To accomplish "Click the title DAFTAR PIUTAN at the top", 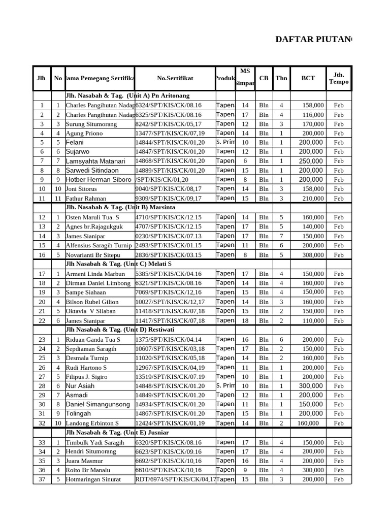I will click(x=313, y=40).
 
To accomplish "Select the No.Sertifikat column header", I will click(x=175, y=78).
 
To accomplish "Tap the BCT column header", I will click(x=308, y=78).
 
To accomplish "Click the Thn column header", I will click(x=281, y=78).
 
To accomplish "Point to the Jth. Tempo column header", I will click(x=339, y=78).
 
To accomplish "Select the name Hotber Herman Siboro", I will click(x=99, y=180).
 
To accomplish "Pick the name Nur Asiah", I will click(x=80, y=386).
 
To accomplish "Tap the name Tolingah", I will click(x=79, y=414).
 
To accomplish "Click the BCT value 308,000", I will click(x=313, y=255).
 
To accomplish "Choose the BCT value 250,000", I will click(x=311, y=161).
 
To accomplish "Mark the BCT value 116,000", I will click(x=313, y=115).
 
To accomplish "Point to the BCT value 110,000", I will click(x=313, y=320).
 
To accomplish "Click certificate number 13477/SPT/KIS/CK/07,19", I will click(x=170, y=133).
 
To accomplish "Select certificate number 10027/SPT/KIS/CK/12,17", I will click(x=170, y=302).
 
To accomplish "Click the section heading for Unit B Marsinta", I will click(x=120, y=208).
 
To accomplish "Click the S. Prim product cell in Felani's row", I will click(x=225, y=142).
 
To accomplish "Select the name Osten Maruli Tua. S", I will click(x=91, y=217).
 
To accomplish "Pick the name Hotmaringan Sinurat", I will click(x=93, y=479).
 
